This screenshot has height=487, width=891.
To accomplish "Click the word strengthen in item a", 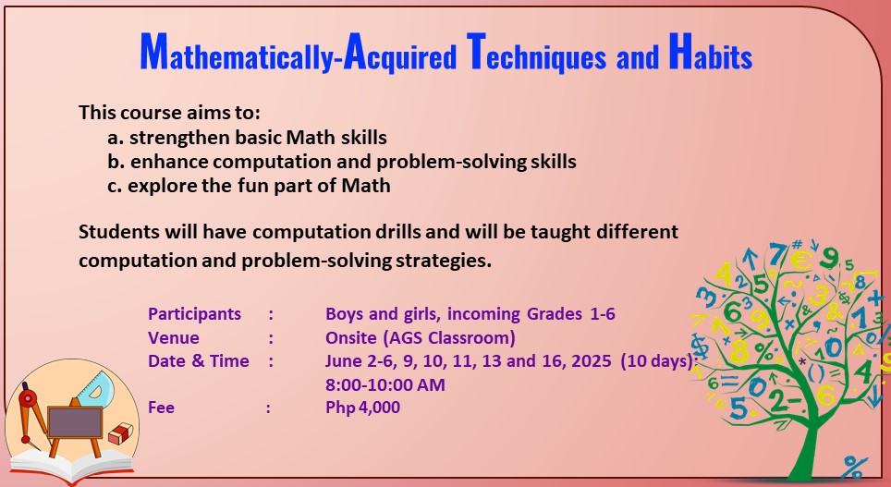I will tap(174, 138).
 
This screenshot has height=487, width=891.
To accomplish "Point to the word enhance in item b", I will tap(163, 162).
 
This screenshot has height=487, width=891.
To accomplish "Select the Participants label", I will tap(194, 314).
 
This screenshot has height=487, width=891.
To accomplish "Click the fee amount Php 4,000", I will tap(363, 407).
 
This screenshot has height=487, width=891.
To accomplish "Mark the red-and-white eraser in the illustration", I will tap(121, 433).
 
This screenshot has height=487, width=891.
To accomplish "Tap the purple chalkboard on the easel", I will tap(76, 423).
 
